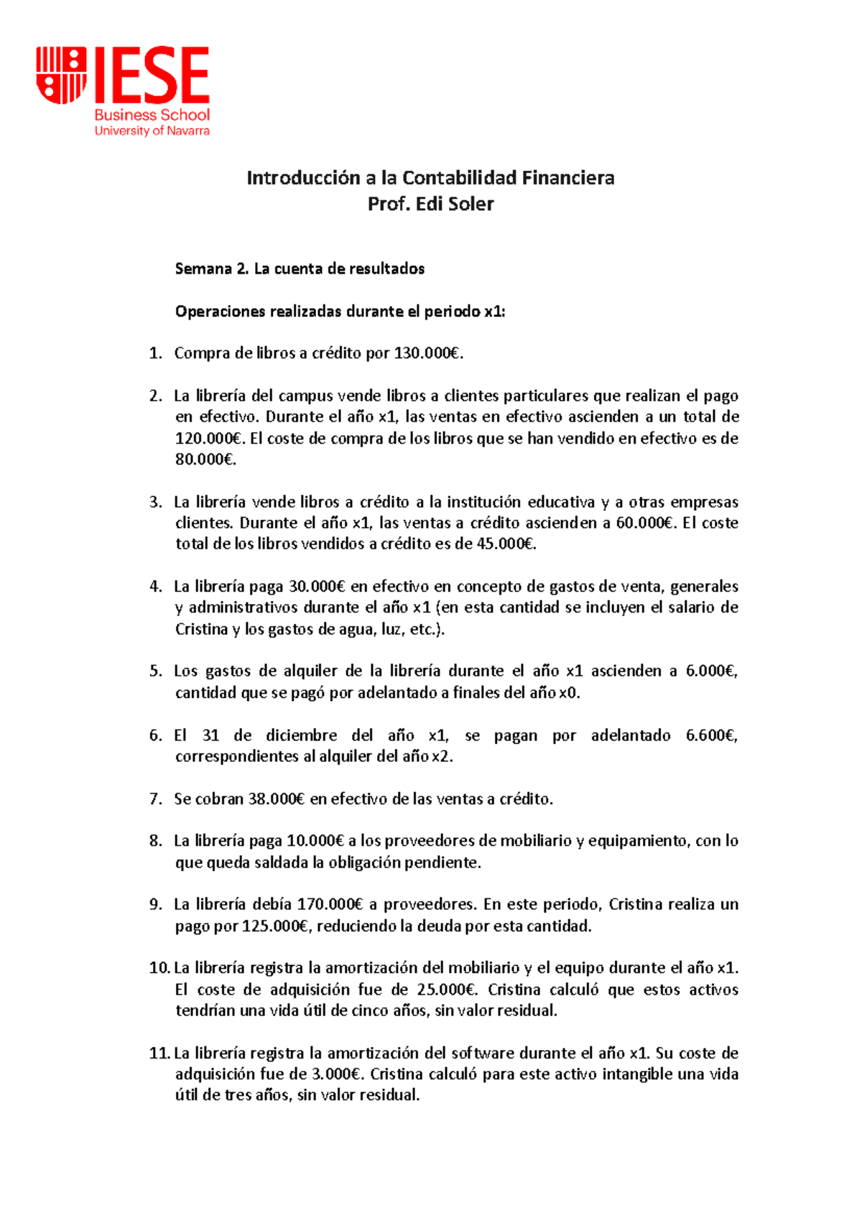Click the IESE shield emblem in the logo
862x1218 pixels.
coord(61,75)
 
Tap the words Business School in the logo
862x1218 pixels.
coord(152,115)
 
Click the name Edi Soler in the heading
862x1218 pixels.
coord(455,204)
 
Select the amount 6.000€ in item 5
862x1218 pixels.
coord(711,671)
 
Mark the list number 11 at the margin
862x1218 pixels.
coord(159,1054)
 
